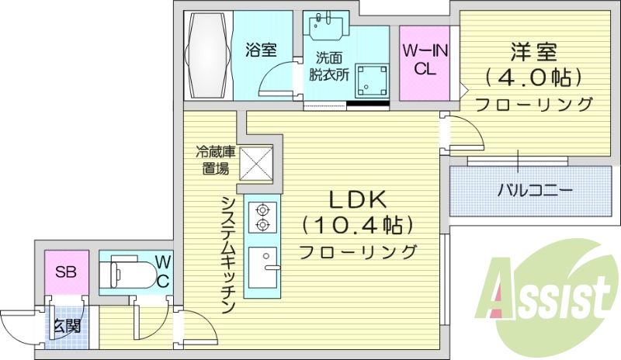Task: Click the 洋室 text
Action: point(533,53)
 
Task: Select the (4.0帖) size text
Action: point(533,78)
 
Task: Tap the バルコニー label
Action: point(534,189)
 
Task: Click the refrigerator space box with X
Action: point(255,164)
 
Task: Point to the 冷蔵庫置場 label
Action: point(213,160)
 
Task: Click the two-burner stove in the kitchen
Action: point(262,216)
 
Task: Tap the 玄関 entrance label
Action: point(65,326)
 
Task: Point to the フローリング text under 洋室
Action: point(533,104)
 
